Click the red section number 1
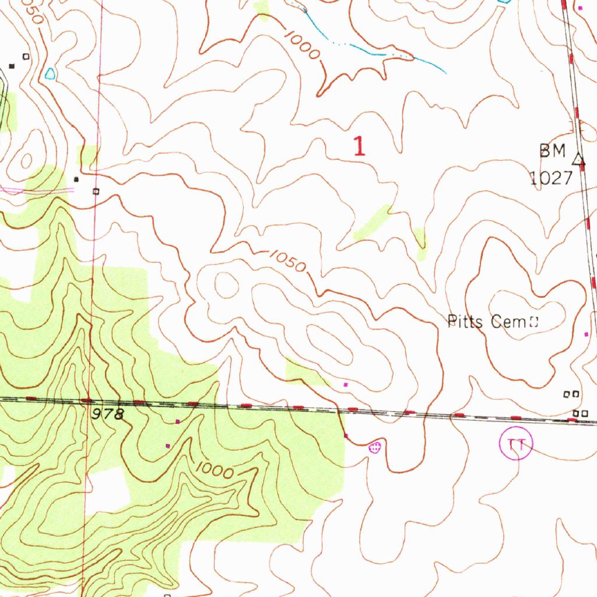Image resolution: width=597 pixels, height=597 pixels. pos(359,146)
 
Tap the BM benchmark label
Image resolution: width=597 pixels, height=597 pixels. pos(552,152)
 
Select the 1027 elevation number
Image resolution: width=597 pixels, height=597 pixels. pos(551,178)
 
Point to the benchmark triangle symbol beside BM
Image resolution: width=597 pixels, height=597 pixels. pos(578,159)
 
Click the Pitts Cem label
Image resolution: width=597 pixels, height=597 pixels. pos(487,321)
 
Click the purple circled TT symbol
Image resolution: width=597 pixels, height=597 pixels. pos(516,445)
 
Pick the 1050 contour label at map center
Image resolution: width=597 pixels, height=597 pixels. pos(287,261)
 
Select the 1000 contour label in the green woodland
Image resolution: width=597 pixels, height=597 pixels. pos(214,470)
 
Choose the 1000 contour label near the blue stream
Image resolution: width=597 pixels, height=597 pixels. pos(303,44)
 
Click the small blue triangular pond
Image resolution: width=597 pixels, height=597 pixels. pos(50,74)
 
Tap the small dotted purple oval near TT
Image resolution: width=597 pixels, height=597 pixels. pos(375,447)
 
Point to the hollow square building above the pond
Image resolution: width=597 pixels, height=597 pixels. pos(25,56)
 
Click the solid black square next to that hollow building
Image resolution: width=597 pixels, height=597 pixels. pos(11,66)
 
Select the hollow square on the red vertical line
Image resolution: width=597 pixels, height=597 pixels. pos(96,191)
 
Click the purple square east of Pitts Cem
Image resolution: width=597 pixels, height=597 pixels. pos(587,334)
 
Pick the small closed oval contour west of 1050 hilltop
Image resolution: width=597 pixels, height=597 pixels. pos(227,285)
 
